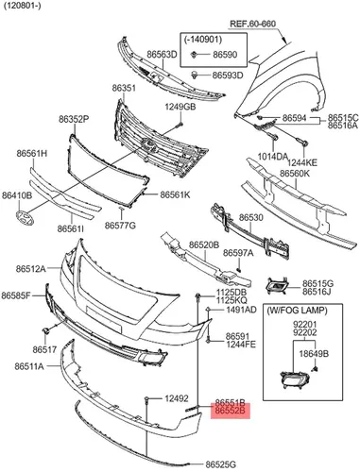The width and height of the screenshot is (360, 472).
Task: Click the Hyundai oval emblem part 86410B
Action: click(x=25, y=218)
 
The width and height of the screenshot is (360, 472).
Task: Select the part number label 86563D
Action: click(x=162, y=55)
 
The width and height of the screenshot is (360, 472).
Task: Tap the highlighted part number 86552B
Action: click(x=231, y=411)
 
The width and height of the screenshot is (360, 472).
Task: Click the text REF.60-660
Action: click(x=252, y=24)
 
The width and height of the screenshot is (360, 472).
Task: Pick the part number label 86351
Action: click(x=124, y=89)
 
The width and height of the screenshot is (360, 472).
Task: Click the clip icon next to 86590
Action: click(x=194, y=55)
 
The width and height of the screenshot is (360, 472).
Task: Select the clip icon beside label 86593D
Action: click(x=195, y=75)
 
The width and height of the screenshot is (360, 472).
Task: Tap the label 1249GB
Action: click(x=180, y=107)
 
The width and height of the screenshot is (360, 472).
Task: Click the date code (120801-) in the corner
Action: click(x=22, y=6)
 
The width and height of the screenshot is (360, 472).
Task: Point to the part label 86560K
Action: click(x=295, y=174)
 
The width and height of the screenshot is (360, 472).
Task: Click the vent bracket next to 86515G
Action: click(x=278, y=286)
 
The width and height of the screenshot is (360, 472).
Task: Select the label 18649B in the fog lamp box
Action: click(x=314, y=354)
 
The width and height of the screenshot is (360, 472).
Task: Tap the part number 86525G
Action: click(x=221, y=464)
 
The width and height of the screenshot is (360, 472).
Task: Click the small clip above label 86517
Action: click(x=46, y=330)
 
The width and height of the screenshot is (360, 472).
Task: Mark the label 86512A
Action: click(x=31, y=269)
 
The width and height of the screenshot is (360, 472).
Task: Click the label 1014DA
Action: click(x=273, y=156)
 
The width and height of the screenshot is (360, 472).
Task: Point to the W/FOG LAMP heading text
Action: click(x=298, y=311)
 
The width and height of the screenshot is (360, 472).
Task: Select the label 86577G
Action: click(x=120, y=226)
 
